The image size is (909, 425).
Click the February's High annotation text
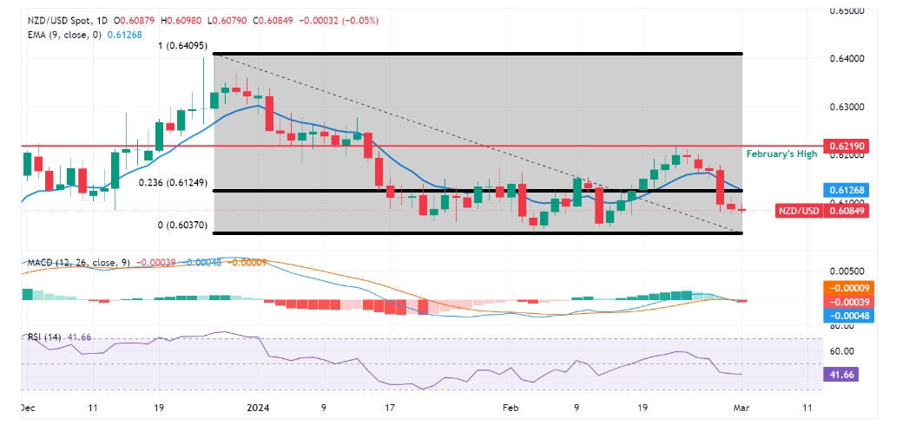point(781,153)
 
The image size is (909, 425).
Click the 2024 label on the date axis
point(259,407)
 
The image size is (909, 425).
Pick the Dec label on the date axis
point(29,407)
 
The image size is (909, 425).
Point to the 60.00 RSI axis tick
point(843,351)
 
